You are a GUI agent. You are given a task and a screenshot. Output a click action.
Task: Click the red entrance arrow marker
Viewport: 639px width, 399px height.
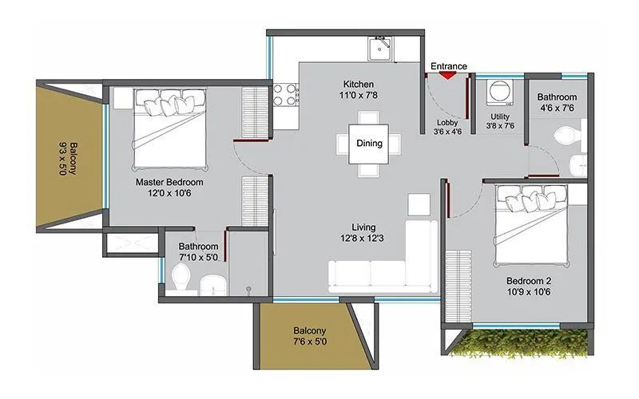click(x=449, y=75)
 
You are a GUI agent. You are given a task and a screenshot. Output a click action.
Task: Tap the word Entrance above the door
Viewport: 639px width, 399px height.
click(x=449, y=65)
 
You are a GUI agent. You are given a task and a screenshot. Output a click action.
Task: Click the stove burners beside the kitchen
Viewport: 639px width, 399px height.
click(x=285, y=95)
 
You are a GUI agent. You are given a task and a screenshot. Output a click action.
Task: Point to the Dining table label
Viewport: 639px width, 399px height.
click(x=369, y=144)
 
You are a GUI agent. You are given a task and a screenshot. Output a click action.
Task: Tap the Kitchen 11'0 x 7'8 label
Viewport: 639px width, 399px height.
click(x=358, y=90)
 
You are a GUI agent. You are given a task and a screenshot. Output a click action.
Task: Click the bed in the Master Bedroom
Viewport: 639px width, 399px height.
click(x=170, y=120)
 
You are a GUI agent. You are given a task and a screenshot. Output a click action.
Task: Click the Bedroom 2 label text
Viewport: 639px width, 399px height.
click(x=529, y=287)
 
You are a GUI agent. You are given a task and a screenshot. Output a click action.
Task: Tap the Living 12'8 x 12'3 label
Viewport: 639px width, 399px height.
click(x=358, y=232)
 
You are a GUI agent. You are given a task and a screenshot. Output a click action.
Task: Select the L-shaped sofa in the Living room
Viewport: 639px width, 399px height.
click(x=383, y=263)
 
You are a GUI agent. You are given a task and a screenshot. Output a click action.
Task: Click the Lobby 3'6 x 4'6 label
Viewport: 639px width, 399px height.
click(x=449, y=128)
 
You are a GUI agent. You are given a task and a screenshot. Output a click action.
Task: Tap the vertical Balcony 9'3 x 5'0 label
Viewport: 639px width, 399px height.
click(x=69, y=162)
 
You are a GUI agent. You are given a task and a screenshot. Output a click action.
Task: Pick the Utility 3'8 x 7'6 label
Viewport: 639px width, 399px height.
click(x=502, y=121)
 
